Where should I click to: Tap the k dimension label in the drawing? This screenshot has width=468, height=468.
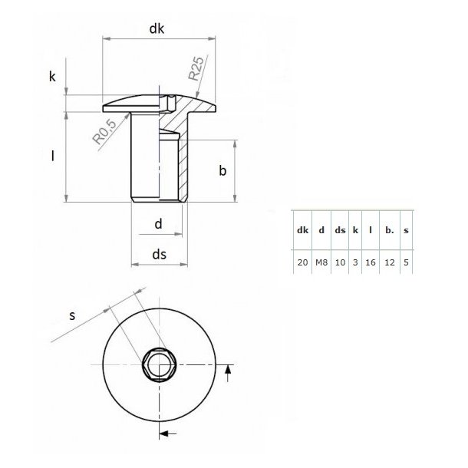point(52,77)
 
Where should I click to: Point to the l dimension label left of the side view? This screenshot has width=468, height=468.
point(52,157)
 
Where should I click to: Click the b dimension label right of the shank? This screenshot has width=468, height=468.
point(222,171)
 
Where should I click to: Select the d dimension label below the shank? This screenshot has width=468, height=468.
point(158,224)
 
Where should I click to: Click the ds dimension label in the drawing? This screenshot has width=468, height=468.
point(159,254)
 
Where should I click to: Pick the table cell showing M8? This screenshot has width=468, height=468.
point(321,262)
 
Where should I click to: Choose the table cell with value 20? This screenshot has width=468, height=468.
point(302,262)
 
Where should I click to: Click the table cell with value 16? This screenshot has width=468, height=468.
point(371,262)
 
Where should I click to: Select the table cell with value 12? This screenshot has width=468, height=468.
point(389,262)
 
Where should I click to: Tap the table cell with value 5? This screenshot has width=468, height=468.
point(405,262)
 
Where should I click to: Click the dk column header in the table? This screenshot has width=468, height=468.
point(302,229)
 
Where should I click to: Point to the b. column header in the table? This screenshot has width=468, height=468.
point(389,229)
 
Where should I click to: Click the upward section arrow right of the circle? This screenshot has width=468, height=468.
point(227,371)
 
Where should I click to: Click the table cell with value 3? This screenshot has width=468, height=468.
point(355,262)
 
